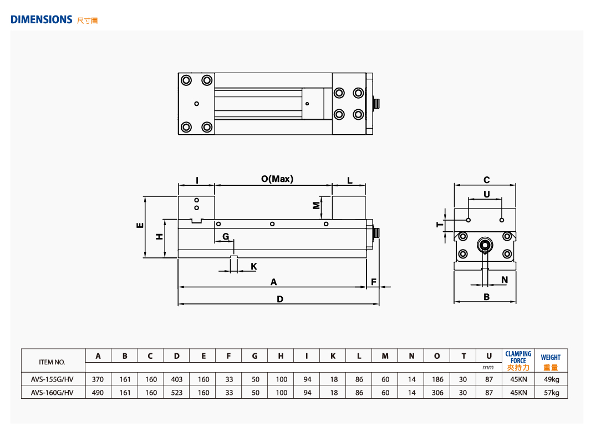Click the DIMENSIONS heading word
click(x=42, y=19)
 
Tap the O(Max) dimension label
click(x=277, y=179)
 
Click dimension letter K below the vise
click(x=254, y=267)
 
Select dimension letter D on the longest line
click(x=280, y=299)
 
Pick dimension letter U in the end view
click(x=487, y=194)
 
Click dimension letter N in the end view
click(x=505, y=280)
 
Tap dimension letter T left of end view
click(x=439, y=224)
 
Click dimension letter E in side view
click(x=140, y=225)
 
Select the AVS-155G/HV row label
click(x=52, y=379)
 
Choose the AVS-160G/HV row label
click(x=52, y=393)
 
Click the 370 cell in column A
click(x=98, y=379)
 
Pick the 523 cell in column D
click(x=177, y=393)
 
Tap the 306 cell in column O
click(x=437, y=393)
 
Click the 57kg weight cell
click(x=551, y=393)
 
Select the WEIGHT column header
click(x=551, y=357)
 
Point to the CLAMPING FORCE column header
click(x=518, y=357)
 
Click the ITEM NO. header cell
click(x=52, y=362)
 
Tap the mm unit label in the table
click(x=488, y=367)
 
